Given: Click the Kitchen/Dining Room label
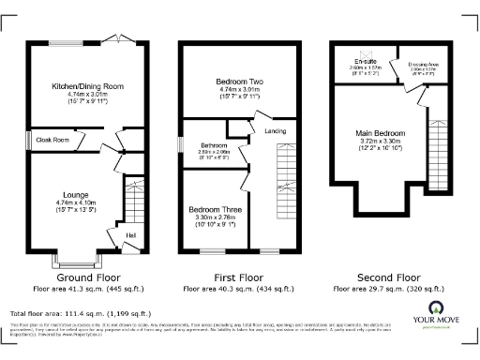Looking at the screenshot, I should pos(87,86).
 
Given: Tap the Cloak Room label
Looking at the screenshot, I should pos(53,140).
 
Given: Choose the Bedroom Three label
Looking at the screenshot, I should pos(214,208).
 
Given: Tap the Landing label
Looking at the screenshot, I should pos(275,130).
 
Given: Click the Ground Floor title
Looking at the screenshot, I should pos(87,277).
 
